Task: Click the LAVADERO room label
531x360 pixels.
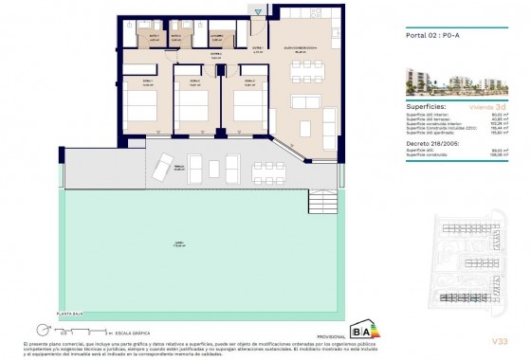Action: [218, 38]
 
